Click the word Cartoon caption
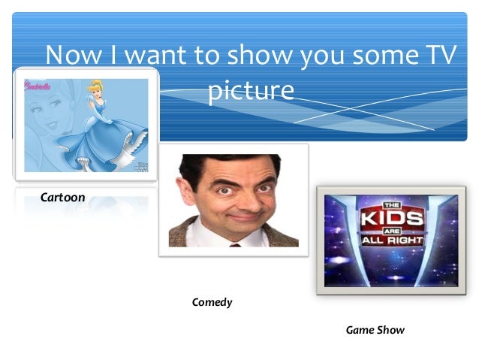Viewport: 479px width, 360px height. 63,197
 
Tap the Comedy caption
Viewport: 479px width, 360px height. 212,302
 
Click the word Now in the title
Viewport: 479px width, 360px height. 73,56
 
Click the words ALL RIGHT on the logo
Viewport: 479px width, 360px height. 393,241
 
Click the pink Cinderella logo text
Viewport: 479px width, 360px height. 38,85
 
